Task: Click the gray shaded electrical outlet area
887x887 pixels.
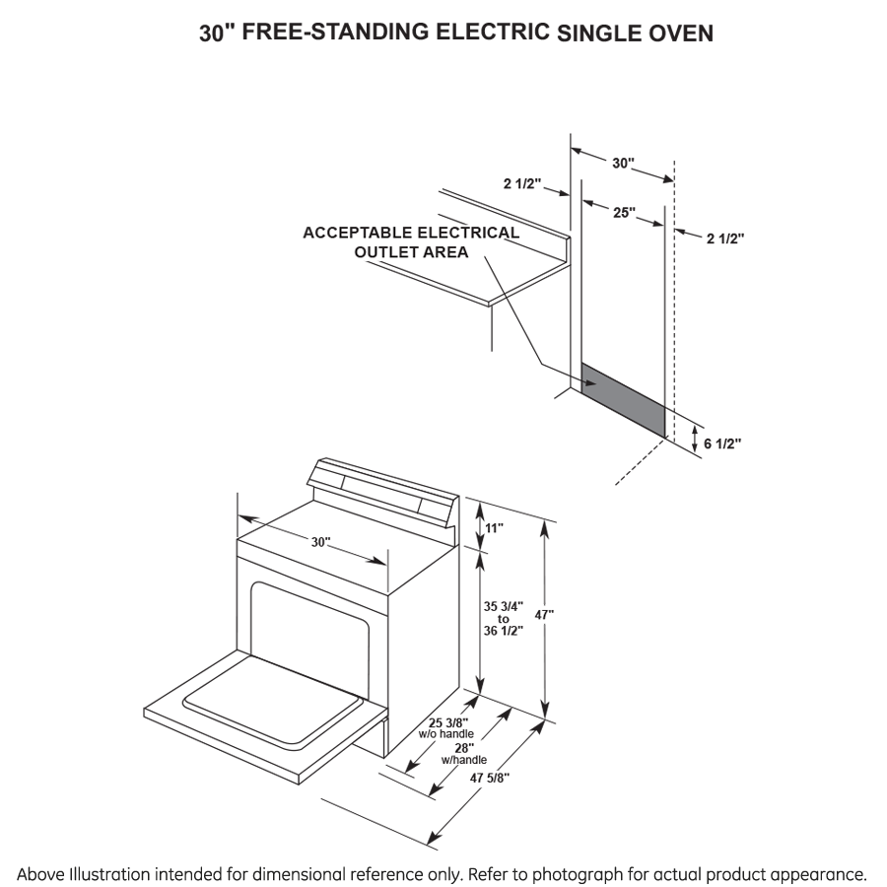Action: (x=623, y=399)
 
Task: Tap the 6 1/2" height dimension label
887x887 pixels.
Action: (x=721, y=443)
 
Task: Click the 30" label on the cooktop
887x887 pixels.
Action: (x=321, y=543)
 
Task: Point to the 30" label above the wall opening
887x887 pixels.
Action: (x=623, y=164)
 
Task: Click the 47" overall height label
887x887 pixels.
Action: (x=544, y=614)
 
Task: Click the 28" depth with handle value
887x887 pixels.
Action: (x=463, y=748)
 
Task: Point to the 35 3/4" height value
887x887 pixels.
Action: (x=504, y=606)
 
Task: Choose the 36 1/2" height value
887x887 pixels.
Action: (x=504, y=631)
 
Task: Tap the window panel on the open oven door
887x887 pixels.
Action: (x=271, y=700)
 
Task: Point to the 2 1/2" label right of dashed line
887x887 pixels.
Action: (x=725, y=238)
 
